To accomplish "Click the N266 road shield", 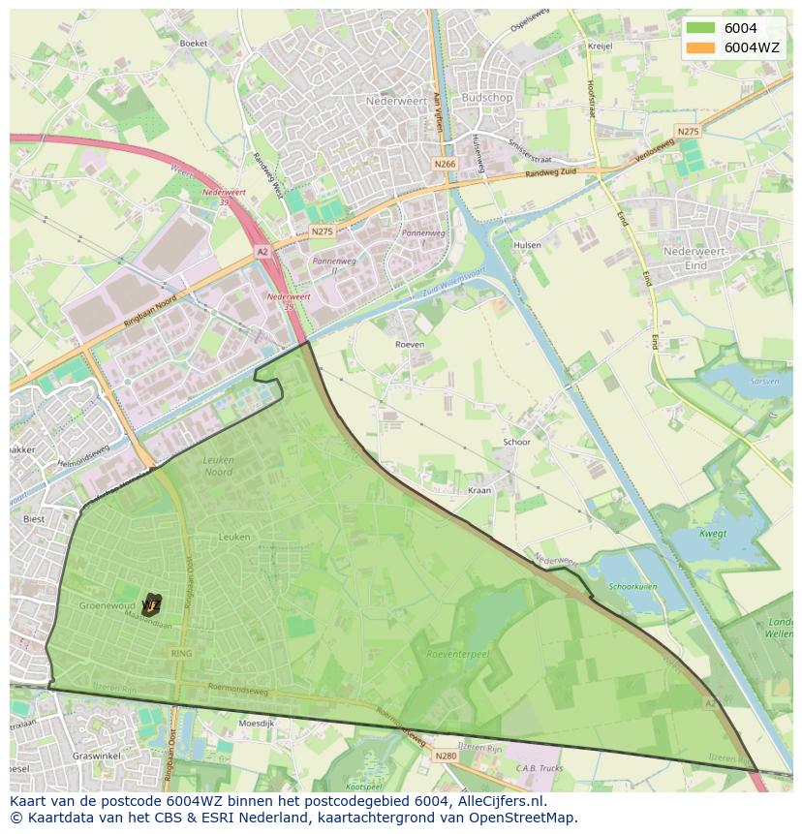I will [445, 164].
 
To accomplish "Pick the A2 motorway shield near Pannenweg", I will [262, 251].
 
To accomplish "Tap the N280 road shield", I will [446, 756].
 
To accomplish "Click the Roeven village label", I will [410, 344].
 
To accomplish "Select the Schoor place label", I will [516, 442].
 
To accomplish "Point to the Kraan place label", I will [479, 490].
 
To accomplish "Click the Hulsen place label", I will [528, 245].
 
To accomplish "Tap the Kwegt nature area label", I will [713, 533].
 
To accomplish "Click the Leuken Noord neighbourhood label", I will [218, 466].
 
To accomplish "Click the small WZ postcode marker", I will [151, 605].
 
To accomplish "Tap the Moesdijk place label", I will [257, 723].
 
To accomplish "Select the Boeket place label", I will [194, 44].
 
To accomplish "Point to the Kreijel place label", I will [601, 46].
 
